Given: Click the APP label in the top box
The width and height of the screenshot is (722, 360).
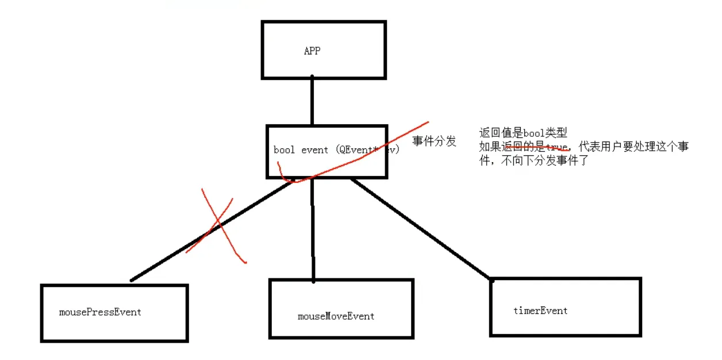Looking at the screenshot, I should tap(312, 51).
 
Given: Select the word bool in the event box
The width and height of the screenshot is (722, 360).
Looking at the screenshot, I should tap(285, 150).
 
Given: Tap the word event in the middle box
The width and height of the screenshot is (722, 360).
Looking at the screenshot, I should tap(314, 150).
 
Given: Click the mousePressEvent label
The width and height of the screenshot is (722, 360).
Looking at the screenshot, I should tap(100, 312).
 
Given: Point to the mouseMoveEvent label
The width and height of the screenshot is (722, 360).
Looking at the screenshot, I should tap(336, 316).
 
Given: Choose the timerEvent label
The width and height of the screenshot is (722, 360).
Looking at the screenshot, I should tap(540, 311).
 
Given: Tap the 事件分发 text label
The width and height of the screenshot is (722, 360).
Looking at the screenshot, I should tap(435, 141).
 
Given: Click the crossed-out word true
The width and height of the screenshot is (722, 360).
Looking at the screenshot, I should tap(556, 147).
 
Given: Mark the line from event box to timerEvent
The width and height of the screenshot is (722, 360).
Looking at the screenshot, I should tap(423, 230).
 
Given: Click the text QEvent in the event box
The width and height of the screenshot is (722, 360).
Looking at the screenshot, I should tap(352, 150).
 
